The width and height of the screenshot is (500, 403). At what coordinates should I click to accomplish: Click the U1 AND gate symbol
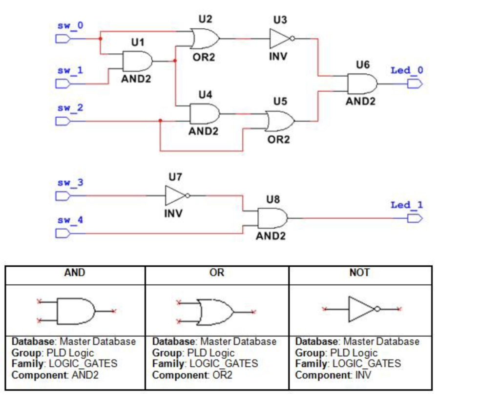tap(138, 61)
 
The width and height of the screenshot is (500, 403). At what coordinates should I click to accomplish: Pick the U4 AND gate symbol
tap(205, 114)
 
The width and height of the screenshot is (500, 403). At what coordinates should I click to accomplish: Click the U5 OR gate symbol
tap(280, 121)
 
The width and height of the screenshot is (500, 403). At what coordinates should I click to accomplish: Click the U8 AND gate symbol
tap(272, 218)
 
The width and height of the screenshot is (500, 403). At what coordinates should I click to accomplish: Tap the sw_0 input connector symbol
tap(63, 39)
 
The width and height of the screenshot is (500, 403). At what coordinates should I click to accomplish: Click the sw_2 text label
tap(70, 108)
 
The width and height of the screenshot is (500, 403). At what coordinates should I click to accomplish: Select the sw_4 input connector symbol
tap(63, 233)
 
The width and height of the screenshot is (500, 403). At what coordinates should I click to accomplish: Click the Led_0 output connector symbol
tap(415, 84)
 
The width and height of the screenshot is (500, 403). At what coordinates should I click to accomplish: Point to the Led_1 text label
tap(407, 205)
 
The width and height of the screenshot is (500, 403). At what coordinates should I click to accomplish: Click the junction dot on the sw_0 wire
tap(101, 39)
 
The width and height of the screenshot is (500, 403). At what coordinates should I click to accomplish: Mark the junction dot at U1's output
tap(175, 61)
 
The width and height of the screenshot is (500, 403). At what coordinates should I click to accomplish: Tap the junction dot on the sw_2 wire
tap(160, 121)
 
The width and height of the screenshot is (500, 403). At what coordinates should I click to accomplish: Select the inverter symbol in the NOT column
tap(363, 309)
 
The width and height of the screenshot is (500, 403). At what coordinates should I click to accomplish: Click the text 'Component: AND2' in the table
tap(55, 375)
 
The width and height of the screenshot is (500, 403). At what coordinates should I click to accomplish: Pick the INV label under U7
tap(173, 213)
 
